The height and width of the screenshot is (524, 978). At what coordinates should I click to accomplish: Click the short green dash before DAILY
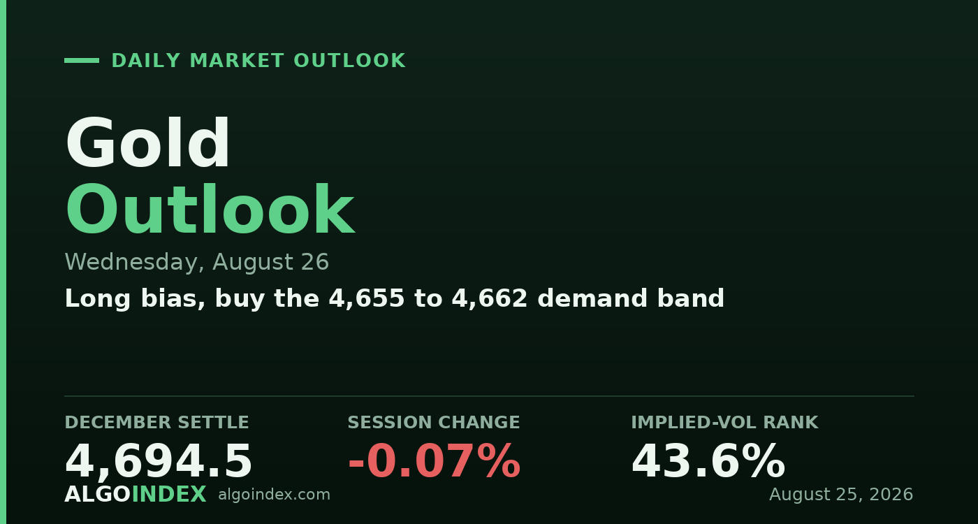pyautogui.click(x=82, y=61)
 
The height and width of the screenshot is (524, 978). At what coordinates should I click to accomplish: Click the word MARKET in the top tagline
pyautogui.click(x=237, y=61)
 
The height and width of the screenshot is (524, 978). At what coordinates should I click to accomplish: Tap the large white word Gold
pyautogui.click(x=147, y=143)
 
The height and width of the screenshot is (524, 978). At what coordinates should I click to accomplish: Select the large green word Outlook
pyautogui.click(x=210, y=210)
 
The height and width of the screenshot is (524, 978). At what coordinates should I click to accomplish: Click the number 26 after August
pyautogui.click(x=314, y=262)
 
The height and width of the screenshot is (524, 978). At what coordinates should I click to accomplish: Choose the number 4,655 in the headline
pyautogui.click(x=366, y=299)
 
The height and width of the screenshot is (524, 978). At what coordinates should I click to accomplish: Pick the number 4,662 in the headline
pyautogui.click(x=490, y=299)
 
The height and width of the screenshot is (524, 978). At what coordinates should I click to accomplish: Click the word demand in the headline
pyautogui.click(x=592, y=298)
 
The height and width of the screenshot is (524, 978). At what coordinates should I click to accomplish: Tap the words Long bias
pyautogui.click(x=134, y=299)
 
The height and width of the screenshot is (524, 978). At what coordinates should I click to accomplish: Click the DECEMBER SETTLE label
pyautogui.click(x=156, y=423)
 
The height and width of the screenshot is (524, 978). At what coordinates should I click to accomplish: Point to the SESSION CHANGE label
pyautogui.click(x=434, y=423)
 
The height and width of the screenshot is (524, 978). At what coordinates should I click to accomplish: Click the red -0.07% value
pyautogui.click(x=434, y=461)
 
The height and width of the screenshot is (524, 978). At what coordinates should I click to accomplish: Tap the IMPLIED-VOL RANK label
pyautogui.click(x=725, y=423)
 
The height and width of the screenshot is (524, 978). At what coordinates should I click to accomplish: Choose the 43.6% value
pyautogui.click(x=708, y=461)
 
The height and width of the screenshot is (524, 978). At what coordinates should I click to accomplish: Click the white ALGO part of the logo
pyautogui.click(x=98, y=495)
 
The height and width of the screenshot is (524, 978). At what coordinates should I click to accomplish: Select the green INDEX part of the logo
pyautogui.click(x=168, y=495)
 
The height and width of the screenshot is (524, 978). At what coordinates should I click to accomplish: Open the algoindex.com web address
pyautogui.click(x=274, y=495)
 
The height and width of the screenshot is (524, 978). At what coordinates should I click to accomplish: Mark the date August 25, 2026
pyautogui.click(x=841, y=495)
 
